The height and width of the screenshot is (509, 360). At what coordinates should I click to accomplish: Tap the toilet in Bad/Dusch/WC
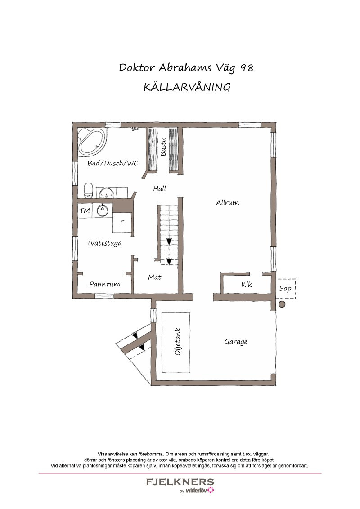point(89,190)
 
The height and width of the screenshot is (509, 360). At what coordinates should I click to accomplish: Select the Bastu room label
point(163,147)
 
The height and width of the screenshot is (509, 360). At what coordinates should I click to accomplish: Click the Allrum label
point(227,202)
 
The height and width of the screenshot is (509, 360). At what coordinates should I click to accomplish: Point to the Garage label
point(236,342)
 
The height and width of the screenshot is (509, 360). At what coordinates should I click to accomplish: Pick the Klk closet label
point(246,285)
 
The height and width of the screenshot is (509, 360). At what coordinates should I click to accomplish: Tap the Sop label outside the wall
point(285,288)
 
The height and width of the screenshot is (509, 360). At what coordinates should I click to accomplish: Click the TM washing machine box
point(84,210)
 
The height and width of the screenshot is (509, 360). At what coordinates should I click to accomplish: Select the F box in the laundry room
point(122,223)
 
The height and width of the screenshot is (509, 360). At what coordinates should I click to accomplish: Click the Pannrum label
point(104,284)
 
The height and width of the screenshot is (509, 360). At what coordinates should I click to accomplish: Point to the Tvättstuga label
point(104,243)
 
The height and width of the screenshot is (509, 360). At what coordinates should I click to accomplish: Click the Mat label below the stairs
point(154,277)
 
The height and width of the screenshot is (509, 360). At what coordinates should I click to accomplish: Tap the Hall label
point(159,189)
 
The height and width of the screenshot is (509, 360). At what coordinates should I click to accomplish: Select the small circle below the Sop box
point(282,304)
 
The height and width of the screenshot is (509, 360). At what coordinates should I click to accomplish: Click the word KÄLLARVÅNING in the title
point(187,87)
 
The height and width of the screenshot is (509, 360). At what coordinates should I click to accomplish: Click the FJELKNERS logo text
point(180,482)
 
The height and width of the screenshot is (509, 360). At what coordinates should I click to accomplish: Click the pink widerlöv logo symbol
point(211,491)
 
